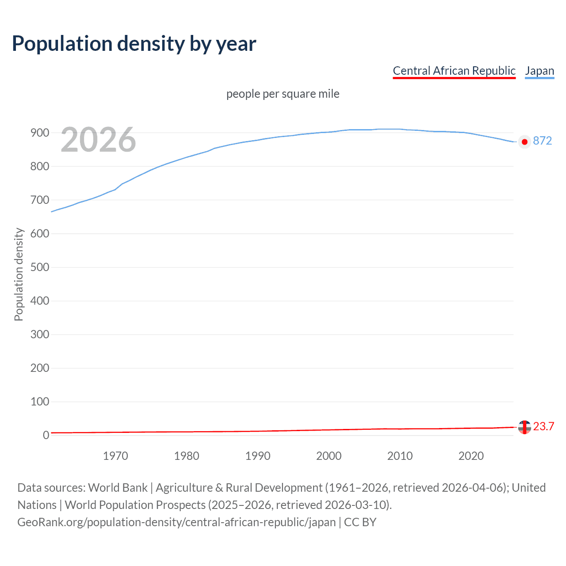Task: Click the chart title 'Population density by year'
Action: point(134,44)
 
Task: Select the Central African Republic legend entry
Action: point(454,71)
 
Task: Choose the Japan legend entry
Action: point(539,71)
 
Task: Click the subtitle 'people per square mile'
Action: point(283,94)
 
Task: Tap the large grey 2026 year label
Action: point(98,140)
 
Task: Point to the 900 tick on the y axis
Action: point(40,133)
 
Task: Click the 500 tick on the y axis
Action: point(40,267)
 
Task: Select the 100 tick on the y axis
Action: point(40,402)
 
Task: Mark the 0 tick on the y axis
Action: point(46,435)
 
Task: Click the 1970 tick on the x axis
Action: point(115,456)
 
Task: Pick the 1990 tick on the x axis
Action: point(258,456)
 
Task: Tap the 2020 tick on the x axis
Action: point(471,456)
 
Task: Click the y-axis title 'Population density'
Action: point(19,274)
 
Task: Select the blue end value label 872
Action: point(543,141)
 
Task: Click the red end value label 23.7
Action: point(543,426)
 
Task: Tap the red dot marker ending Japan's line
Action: point(524,142)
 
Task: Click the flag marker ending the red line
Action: point(524,427)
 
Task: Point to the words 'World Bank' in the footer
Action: point(118,487)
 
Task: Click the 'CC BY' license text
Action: point(360,522)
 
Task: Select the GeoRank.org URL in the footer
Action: point(176,522)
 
